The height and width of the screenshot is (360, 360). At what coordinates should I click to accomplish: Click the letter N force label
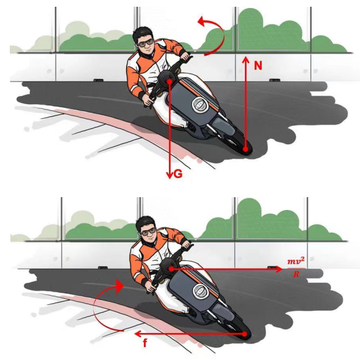[x=258, y=66]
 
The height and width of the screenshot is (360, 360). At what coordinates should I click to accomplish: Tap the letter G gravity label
[x=178, y=174]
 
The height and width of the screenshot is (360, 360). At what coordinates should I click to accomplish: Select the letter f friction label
[x=145, y=343]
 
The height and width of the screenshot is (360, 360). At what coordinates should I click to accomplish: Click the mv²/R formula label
[x=296, y=267]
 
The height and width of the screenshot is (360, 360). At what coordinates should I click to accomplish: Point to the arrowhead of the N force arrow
[x=246, y=59]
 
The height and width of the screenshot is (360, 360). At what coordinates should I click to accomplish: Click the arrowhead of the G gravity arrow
[x=170, y=176]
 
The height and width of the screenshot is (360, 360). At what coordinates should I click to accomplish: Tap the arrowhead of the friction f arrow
[x=137, y=334]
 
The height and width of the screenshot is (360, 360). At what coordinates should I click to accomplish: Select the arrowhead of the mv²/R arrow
[x=279, y=269]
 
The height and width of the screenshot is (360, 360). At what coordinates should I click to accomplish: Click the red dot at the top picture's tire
[x=246, y=149]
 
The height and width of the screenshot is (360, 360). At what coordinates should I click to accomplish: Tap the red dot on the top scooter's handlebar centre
[x=170, y=81]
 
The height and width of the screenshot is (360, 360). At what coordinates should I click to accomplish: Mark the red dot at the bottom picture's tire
[x=244, y=334]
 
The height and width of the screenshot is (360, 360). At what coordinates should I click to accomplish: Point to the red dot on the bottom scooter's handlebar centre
[x=171, y=269]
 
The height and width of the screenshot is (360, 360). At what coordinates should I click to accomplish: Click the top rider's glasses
[x=145, y=43]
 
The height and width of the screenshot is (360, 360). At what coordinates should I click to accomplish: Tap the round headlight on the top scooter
[x=199, y=105]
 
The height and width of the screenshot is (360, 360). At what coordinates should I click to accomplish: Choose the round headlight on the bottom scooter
[x=201, y=291]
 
